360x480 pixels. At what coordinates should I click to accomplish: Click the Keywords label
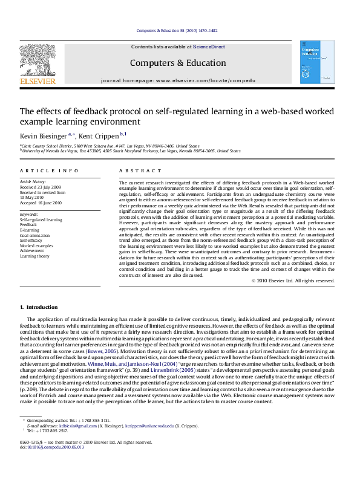pyautogui.click(x=30, y=214)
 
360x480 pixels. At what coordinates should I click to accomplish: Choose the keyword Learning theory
pyautogui.click(x=35, y=256)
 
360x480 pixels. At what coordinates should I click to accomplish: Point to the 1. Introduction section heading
pyautogui.click(x=39, y=308)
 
